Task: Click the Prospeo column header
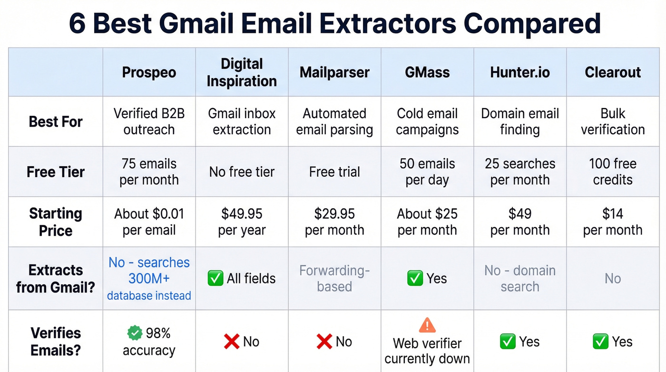pyautogui.click(x=149, y=72)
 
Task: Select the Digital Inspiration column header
pyautogui.click(x=242, y=72)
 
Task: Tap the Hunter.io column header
pyautogui.click(x=520, y=72)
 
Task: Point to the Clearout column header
pyautogui.click(x=613, y=72)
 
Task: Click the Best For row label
pyautogui.click(x=56, y=121)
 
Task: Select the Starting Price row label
pyautogui.click(x=56, y=222)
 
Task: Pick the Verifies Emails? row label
pyautogui.click(x=56, y=342)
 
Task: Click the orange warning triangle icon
pyautogui.click(x=427, y=325)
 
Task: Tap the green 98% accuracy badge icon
pyautogui.click(x=135, y=332)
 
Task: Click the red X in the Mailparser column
pyautogui.click(x=324, y=342)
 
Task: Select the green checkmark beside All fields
pyautogui.click(x=215, y=279)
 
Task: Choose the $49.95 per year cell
pyautogui.click(x=242, y=222)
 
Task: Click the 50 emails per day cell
pyautogui.click(x=427, y=172)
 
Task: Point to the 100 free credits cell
pyautogui.click(x=613, y=172)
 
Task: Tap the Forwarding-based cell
pyautogui.click(x=334, y=279)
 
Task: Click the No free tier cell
pyautogui.click(x=242, y=172)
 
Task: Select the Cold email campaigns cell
pyautogui.click(x=427, y=121)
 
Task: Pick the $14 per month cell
pyautogui.click(x=613, y=222)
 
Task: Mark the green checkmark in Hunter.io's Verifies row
pyautogui.click(x=508, y=342)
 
